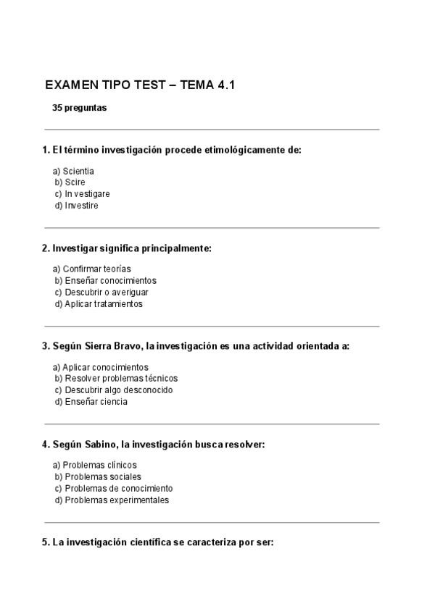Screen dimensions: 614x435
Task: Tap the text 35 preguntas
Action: (79, 108)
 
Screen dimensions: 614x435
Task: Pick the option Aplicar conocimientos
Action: (105, 367)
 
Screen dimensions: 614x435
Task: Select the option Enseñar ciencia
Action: (96, 402)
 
